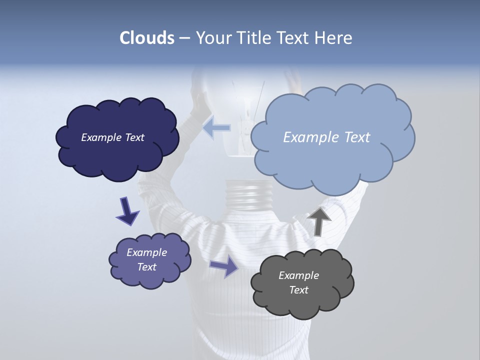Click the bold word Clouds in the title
(147, 38)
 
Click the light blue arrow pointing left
(217, 128)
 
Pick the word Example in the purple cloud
(146, 252)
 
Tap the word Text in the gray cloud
(298, 290)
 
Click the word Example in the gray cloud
(298, 275)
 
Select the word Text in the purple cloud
(146, 267)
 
